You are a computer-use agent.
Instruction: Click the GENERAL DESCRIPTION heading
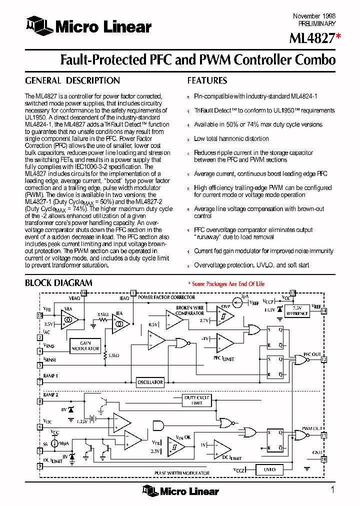(72, 80)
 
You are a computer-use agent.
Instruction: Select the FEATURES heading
(207, 80)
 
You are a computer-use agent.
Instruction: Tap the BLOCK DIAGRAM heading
(58, 283)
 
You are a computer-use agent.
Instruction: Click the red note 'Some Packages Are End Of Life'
(226, 284)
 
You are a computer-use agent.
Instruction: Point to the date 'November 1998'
(314, 16)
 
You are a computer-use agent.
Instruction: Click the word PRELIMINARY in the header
(317, 23)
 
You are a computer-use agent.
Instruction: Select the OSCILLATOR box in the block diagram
(150, 382)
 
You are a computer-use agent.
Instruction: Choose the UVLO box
(269, 469)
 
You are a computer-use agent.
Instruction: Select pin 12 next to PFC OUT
(324, 359)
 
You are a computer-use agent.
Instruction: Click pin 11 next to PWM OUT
(324, 435)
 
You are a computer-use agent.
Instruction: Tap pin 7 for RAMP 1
(40, 382)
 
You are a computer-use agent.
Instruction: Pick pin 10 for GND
(324, 458)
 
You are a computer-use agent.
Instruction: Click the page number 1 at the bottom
(332, 489)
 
